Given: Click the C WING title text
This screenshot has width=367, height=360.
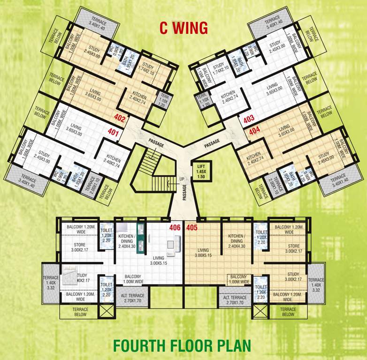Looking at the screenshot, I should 183,28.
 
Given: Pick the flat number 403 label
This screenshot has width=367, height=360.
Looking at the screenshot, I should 249,120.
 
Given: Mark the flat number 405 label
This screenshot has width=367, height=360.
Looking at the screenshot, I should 191,228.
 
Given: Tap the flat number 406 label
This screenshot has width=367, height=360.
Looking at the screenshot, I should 175,228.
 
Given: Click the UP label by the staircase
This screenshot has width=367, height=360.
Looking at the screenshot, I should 168,179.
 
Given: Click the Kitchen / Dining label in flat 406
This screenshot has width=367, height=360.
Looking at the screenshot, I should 127,240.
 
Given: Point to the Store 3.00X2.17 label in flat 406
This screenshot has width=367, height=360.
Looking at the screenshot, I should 80,247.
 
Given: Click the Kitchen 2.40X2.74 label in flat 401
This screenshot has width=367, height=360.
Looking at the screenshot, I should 114,162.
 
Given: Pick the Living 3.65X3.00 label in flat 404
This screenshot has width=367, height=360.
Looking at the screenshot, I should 284,131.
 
